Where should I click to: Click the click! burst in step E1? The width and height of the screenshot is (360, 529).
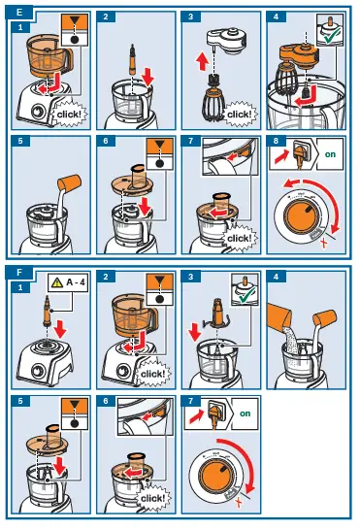coord(66,112)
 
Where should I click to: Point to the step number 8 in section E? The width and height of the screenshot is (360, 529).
coord(275,140)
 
